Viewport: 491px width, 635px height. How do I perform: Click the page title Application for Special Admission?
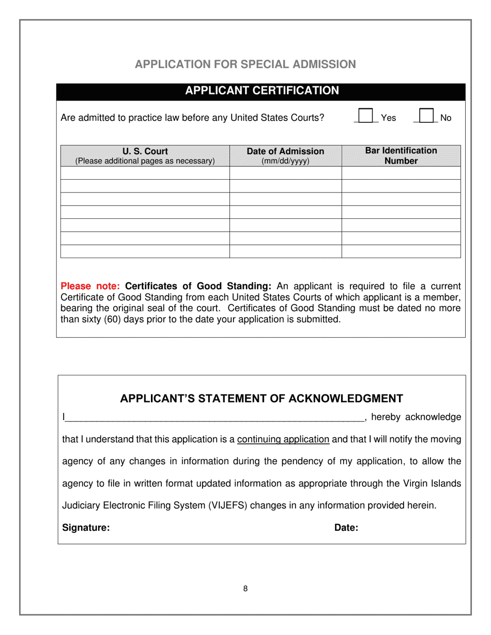click(245, 64)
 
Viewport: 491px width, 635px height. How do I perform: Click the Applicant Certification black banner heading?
click(262, 91)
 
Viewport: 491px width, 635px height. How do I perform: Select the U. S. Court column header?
click(145, 151)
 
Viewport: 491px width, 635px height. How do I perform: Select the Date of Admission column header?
click(285, 151)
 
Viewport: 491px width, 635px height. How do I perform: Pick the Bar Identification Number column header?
click(401, 155)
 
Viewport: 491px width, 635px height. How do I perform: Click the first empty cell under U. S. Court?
click(145, 173)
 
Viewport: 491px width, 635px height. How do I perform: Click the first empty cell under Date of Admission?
click(285, 173)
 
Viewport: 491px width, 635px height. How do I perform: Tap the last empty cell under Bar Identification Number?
click(401, 251)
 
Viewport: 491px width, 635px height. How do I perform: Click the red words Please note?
click(90, 286)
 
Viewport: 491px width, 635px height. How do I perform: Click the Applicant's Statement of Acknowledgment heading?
click(262, 399)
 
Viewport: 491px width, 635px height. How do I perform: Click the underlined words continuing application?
click(283, 439)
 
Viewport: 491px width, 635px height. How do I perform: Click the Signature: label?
click(86, 528)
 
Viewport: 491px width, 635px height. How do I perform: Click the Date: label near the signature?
click(346, 528)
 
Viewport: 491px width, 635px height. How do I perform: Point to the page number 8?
click(245, 589)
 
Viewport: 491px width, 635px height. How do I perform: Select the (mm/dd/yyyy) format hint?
click(285, 161)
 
